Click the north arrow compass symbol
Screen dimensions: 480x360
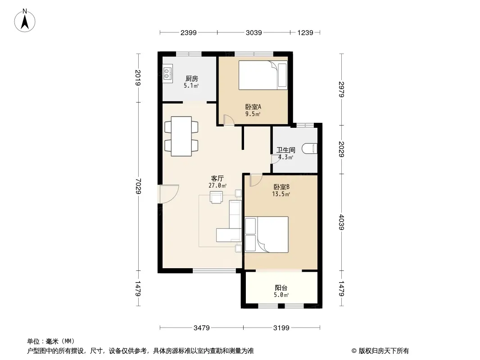(25, 21)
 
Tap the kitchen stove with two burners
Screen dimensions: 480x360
(168, 72)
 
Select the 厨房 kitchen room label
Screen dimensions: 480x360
(192, 79)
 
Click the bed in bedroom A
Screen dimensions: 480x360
(263, 75)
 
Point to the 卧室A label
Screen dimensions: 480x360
(253, 107)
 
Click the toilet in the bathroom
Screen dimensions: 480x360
(309, 148)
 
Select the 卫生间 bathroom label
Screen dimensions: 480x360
(285, 150)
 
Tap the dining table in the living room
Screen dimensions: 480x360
(181, 136)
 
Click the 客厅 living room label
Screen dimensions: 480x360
(217, 178)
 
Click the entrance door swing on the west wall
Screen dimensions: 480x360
(168, 194)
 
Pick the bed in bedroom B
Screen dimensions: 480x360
(267, 234)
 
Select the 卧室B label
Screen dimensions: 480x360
(281, 187)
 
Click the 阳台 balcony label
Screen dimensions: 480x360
(281, 288)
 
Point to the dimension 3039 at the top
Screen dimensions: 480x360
(254, 32)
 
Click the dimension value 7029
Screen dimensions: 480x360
(138, 186)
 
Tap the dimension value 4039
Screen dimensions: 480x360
(342, 222)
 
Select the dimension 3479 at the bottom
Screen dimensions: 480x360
(201, 328)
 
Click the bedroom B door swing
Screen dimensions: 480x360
(256, 180)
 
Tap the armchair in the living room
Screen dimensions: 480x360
(217, 197)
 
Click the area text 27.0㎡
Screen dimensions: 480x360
(217, 186)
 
